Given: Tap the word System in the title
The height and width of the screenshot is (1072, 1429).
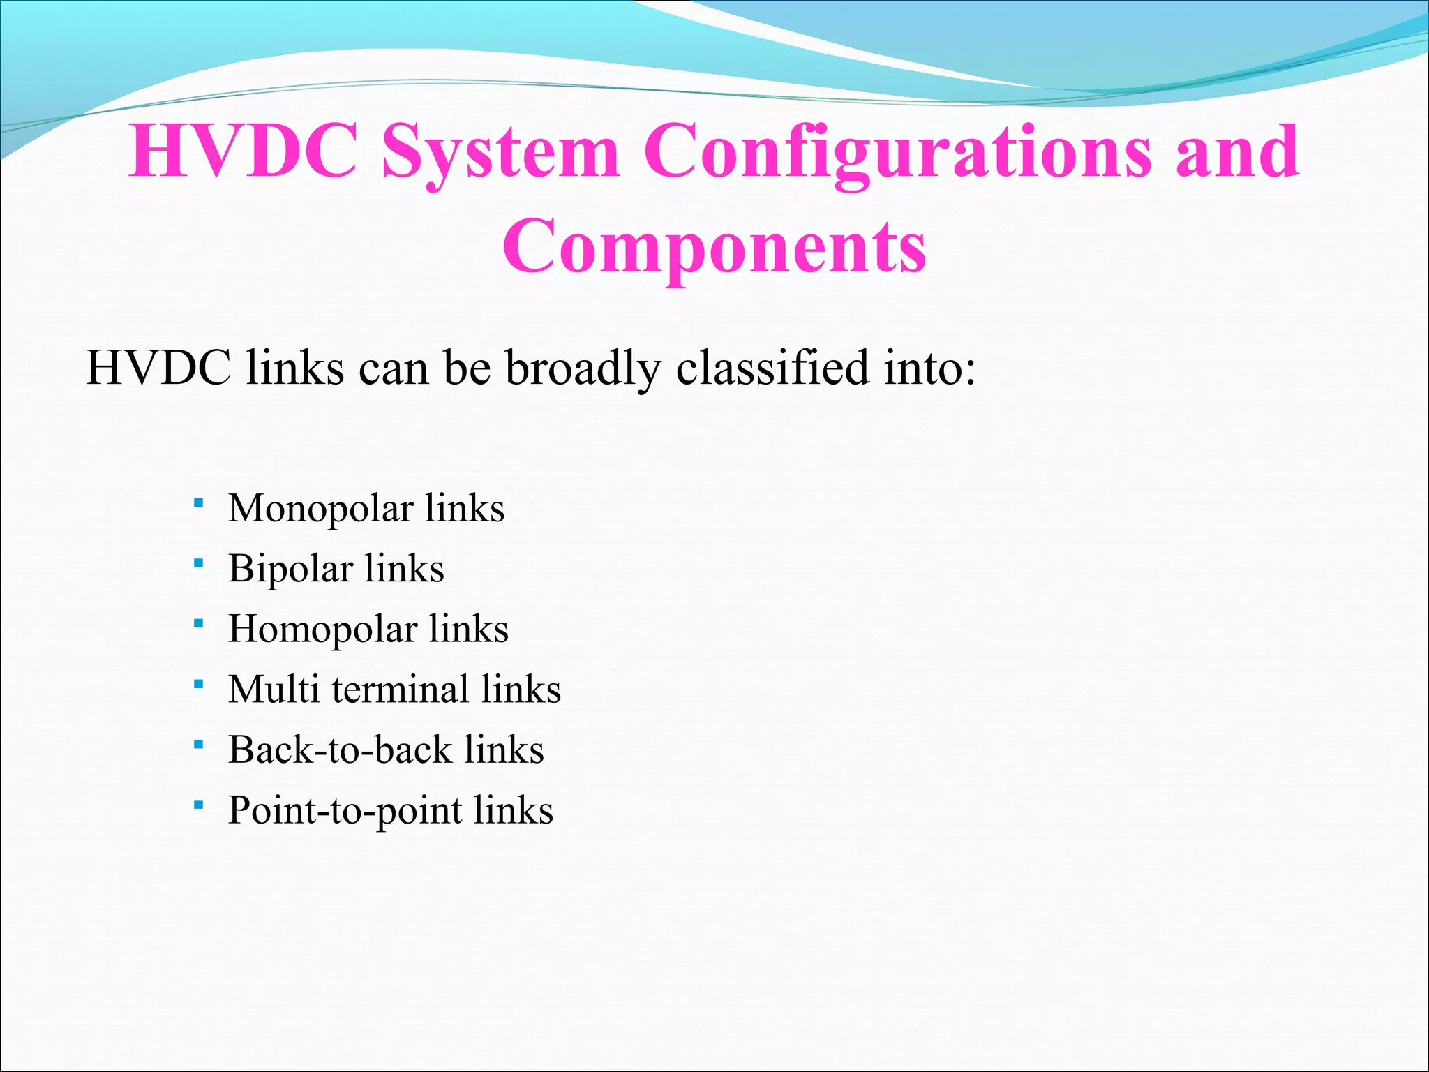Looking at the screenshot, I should (x=500, y=152).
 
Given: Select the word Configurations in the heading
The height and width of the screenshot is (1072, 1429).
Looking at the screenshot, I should (x=897, y=152).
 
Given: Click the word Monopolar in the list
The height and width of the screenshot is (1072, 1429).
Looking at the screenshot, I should (x=320, y=509).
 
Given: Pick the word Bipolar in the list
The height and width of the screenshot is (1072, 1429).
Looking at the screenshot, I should (x=290, y=569).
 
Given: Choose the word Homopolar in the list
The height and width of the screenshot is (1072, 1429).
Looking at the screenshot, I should (x=322, y=630).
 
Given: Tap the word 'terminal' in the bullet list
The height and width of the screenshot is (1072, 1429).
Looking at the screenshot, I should (x=400, y=690).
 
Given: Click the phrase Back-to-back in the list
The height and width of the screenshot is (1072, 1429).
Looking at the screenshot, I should (x=341, y=750).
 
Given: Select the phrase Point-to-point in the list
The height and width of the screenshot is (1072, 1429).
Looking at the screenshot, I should (x=345, y=811).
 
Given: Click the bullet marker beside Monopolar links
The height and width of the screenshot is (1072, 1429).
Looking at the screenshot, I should (x=199, y=502).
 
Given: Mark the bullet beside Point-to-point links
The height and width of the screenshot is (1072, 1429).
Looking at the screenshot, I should (x=199, y=805).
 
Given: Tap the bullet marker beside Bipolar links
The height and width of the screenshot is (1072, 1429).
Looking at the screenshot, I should (x=199, y=563).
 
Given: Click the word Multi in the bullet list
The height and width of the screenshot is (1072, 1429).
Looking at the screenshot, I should (x=274, y=690).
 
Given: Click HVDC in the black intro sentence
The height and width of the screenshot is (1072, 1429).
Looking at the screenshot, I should (x=158, y=368).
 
